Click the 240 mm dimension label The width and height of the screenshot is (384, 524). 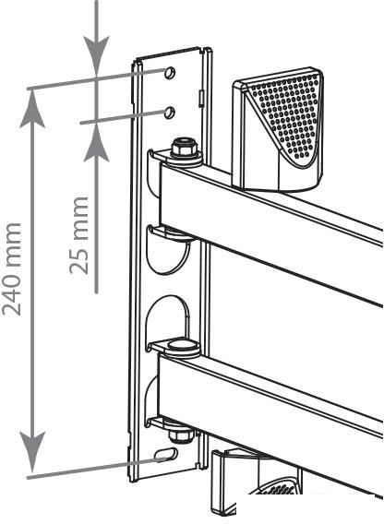(12, 269)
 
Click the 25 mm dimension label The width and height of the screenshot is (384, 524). (79, 235)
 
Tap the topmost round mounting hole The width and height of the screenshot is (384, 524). (170, 73)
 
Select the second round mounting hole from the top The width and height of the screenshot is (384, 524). (170, 113)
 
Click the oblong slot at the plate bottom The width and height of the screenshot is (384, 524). (166, 454)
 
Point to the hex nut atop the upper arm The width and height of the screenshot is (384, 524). (184, 148)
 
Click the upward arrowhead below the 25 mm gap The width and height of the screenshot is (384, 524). (96, 143)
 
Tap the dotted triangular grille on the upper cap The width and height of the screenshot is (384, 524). (285, 113)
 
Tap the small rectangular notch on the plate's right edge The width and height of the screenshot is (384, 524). (201, 99)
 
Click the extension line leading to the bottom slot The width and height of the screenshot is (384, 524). (97, 468)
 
